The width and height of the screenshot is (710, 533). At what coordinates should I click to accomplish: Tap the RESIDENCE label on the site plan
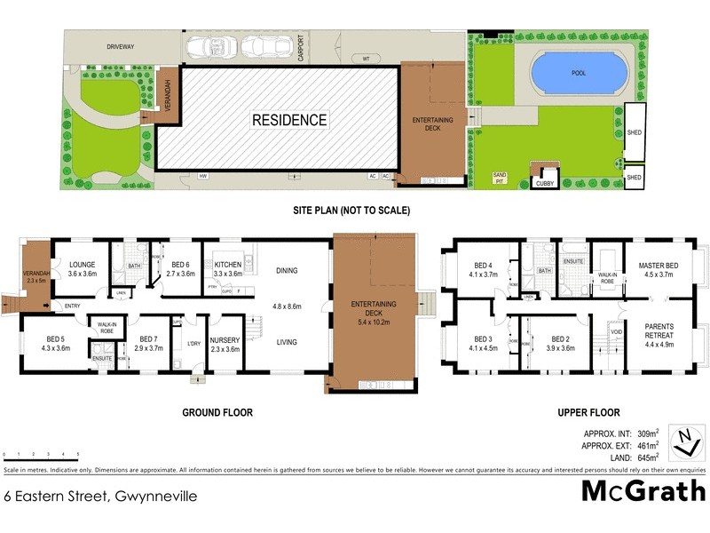point(289,120)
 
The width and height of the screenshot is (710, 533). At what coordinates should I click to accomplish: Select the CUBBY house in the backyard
point(544,184)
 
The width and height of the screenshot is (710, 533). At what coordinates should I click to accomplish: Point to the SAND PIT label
point(501,178)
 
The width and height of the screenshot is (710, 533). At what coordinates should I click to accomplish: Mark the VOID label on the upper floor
point(617,331)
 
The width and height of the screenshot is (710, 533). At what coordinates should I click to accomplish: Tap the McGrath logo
point(643,490)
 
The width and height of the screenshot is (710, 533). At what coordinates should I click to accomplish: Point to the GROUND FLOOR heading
point(217,412)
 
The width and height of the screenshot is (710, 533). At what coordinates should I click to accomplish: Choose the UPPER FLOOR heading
point(588,412)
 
